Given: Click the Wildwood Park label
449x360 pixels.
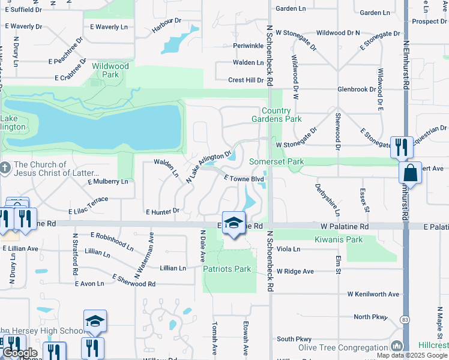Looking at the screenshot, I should click(106, 70).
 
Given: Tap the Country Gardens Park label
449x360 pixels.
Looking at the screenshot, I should click(281, 115).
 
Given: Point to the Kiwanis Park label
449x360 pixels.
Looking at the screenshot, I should click(339, 239).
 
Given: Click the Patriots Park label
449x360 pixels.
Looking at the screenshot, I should click(227, 269).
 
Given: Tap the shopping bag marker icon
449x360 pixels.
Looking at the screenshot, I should click(411, 173).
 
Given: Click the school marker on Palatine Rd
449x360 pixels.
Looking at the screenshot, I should click(233, 223).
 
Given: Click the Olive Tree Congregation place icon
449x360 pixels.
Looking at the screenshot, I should click(396, 346).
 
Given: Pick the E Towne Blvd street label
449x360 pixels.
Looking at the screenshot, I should click(244, 179).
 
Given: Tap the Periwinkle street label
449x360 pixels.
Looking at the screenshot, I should click(249, 46).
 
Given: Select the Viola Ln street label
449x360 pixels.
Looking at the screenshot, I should click(288, 248).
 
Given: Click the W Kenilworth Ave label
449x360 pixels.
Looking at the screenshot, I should click(373, 294).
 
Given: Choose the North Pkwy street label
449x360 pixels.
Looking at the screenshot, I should click(371, 317).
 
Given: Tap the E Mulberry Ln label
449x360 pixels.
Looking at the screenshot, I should click(108, 181).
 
